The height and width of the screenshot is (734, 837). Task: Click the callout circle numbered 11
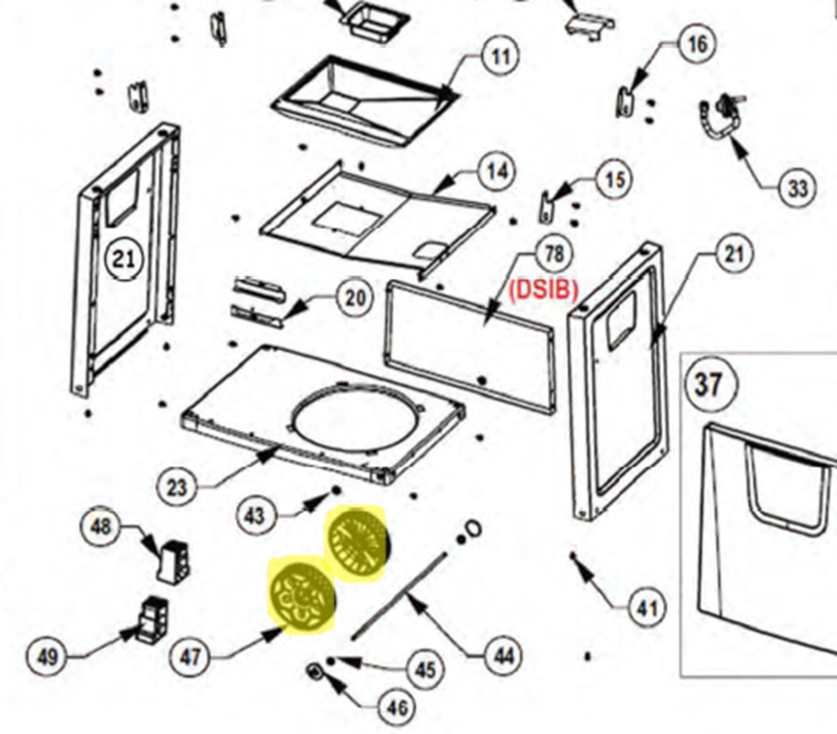[x=501, y=56]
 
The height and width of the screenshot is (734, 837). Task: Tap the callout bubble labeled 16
[x=697, y=44]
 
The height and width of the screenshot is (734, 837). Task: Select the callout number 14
[x=497, y=171]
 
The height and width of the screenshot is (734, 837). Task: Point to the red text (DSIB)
[x=544, y=290]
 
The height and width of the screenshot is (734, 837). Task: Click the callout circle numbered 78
[x=554, y=254]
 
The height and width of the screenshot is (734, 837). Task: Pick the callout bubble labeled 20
[x=354, y=297]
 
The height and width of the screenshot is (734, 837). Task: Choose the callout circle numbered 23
[x=177, y=487]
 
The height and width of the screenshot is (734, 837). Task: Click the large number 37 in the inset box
[x=709, y=384]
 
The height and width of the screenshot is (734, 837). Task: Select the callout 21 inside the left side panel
[x=124, y=258]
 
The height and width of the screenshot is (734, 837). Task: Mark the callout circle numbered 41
[x=647, y=609]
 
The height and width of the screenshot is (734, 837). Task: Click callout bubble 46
[x=396, y=708]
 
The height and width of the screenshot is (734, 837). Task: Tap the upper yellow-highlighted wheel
[x=358, y=543]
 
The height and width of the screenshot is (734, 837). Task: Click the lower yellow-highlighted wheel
[x=302, y=596]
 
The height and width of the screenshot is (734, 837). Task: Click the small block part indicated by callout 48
[x=173, y=562]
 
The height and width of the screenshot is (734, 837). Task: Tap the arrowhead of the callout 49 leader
[x=129, y=634]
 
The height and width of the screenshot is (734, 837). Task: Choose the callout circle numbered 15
[x=615, y=180]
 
